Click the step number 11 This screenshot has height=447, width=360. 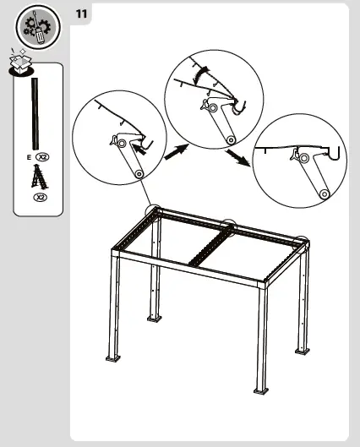[81, 14]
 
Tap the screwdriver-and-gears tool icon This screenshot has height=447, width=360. [38, 27]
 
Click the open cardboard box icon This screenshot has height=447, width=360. [20, 62]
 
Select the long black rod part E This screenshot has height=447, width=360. [35, 113]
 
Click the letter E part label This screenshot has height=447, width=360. [29, 157]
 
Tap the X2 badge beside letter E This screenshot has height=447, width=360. [42, 157]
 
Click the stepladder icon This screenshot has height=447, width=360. [40, 177]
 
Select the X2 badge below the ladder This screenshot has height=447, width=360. [41, 197]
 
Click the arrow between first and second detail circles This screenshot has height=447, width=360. [177, 152]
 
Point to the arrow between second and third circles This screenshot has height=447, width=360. [237, 157]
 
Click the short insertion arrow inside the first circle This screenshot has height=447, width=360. [139, 149]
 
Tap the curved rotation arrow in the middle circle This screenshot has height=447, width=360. [201, 74]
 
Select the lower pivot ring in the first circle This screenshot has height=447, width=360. [139, 174]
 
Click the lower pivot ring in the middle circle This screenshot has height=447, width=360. [231, 140]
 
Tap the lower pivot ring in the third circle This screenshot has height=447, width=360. [325, 194]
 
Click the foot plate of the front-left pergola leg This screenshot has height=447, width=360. [113, 358]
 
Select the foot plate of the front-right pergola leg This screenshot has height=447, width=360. [261, 391]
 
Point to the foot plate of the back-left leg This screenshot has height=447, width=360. [155, 319]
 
